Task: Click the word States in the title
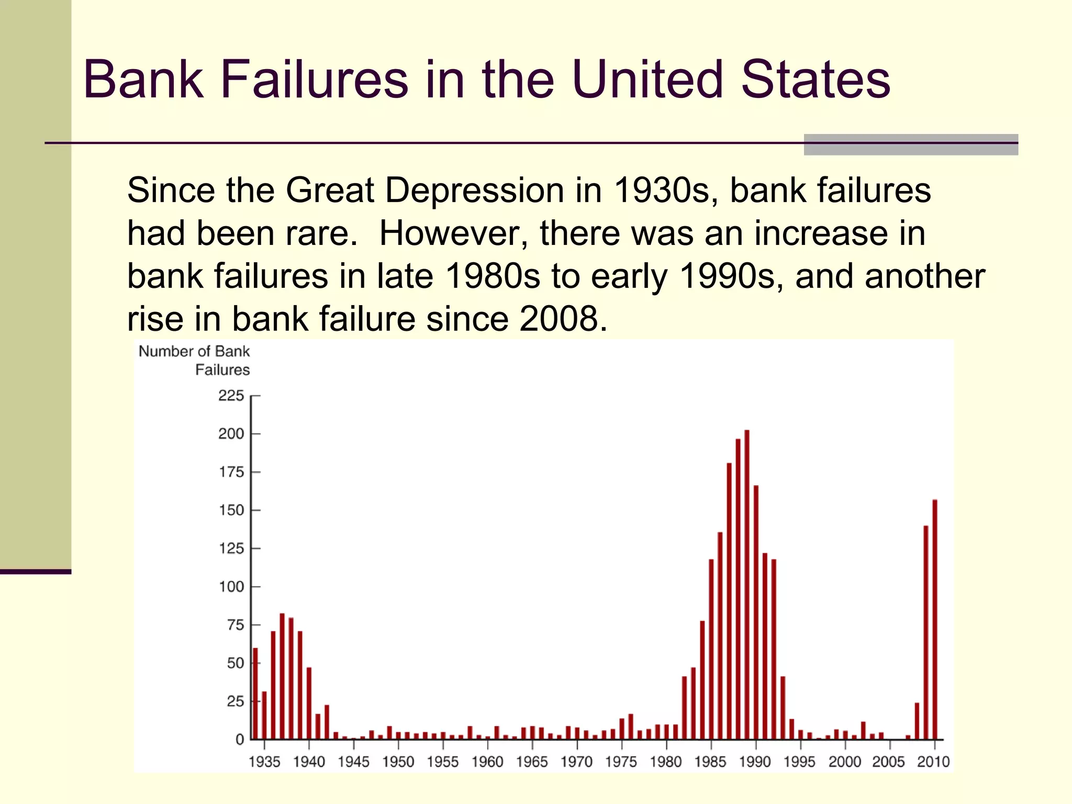point(816,80)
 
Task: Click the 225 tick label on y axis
point(231,396)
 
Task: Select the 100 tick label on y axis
point(231,587)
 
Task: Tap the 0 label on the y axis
point(239,740)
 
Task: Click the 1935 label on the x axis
point(264,762)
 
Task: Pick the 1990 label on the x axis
point(754,762)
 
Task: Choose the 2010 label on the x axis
point(933,762)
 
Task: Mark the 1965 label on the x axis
point(532,762)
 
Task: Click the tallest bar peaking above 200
point(747,584)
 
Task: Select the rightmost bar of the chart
point(935,620)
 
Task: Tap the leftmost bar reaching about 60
point(255,694)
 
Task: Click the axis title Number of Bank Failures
point(195,360)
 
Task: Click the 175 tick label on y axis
point(231,472)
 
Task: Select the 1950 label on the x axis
point(398,762)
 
